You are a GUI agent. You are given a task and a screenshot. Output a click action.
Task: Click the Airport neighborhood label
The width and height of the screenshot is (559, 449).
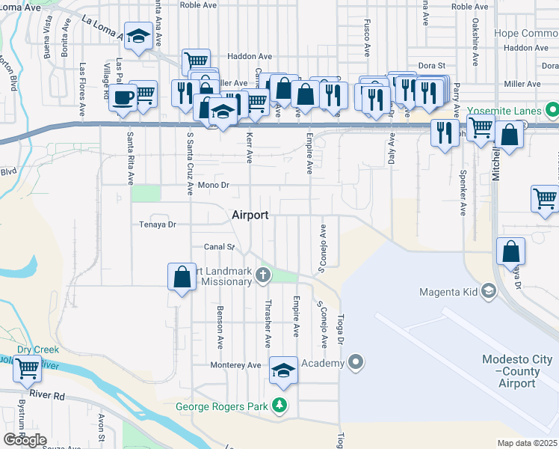click(250, 215)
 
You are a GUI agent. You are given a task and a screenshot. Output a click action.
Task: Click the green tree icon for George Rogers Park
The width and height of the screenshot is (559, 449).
click(280, 405)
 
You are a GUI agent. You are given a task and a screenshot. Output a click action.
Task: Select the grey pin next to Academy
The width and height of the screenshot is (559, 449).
click(356, 363)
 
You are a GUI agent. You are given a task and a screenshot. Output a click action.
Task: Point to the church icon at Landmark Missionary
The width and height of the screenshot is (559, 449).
click(262, 275)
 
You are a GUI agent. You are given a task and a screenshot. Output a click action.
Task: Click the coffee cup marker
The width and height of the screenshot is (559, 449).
click(123, 97)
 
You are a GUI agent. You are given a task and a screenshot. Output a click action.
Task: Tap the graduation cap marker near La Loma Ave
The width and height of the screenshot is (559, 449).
click(138, 37)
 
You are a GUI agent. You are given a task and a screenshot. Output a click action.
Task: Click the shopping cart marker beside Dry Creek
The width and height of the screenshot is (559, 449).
click(28, 367)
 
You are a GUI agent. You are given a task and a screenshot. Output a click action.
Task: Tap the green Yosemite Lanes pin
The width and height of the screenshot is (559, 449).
click(552, 112)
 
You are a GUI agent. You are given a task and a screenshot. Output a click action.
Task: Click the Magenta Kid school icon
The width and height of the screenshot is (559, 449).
click(489, 290)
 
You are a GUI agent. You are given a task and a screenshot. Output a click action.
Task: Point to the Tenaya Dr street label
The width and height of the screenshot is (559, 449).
click(157, 224)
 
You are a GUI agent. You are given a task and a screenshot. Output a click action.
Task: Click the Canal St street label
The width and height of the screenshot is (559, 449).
click(220, 246)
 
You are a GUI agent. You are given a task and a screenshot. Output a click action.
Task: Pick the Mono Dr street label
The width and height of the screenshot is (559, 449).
click(212, 184)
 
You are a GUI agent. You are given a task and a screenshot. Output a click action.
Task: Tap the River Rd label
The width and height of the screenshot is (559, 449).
click(48, 394)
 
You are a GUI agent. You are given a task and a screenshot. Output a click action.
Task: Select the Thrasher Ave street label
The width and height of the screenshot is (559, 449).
click(268, 324)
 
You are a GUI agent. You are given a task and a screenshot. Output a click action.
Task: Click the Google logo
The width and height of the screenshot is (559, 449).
click(25, 440)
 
